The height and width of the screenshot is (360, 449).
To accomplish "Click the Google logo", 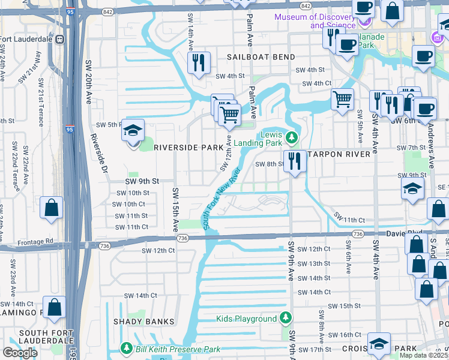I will (x=20, y=353).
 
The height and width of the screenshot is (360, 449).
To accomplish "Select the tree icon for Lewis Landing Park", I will (x=292, y=138).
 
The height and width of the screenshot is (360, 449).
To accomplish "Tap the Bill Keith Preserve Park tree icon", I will (x=127, y=348).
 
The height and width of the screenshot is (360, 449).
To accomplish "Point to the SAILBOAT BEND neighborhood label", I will (x=261, y=57).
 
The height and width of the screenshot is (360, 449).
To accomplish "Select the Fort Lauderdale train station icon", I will (x=60, y=40).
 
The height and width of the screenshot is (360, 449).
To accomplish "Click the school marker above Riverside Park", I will (x=133, y=130).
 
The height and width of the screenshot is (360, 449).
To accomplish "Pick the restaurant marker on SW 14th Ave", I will (x=199, y=62).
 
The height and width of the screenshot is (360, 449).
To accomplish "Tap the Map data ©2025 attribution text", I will (x=424, y=355).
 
